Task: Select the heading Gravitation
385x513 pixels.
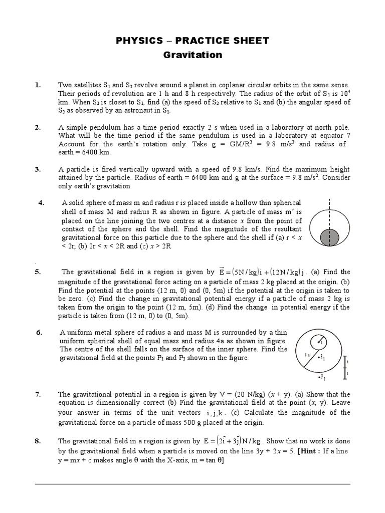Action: [192, 55]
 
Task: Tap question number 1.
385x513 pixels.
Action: [38, 85]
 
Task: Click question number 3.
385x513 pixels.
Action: [38, 169]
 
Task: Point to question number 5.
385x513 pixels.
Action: [38, 273]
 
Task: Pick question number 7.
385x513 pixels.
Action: [38, 395]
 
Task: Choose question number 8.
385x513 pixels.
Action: [38, 441]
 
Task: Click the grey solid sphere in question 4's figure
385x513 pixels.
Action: [329, 235]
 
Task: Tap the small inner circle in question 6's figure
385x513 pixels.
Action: [319, 342]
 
